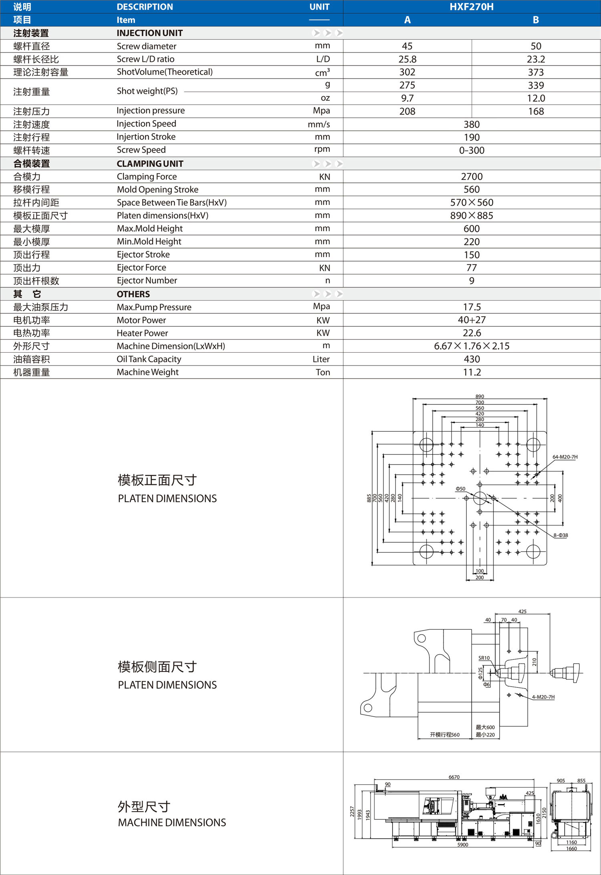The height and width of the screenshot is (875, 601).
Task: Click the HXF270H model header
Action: pos(471,7)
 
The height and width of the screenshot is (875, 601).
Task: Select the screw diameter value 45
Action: pos(407,46)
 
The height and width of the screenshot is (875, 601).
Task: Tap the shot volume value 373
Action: pos(536,72)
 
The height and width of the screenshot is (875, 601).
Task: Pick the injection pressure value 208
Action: pos(407,111)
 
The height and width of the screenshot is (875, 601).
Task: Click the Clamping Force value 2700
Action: pos(472,177)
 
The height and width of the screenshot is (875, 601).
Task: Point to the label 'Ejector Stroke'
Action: pos(143,255)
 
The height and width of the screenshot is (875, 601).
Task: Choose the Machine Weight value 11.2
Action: pos(472,372)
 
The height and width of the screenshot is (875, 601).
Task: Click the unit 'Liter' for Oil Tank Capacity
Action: pos(321,359)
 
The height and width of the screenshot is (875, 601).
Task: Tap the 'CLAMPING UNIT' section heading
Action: pos(150,164)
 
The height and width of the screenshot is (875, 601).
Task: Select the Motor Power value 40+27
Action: pos(472,320)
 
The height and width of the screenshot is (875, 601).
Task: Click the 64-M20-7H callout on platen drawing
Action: pos(565,457)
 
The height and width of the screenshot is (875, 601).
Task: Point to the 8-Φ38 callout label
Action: pos(561,535)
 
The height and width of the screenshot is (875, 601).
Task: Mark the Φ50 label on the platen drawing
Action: pos(460,489)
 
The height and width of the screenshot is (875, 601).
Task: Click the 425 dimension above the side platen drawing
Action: pos(522,612)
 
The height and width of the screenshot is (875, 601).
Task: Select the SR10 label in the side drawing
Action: pos(484,658)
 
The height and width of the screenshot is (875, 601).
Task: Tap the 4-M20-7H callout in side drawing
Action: pos(543,697)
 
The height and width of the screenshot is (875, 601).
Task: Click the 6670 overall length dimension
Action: pos(454,777)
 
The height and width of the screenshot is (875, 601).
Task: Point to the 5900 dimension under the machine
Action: pos(463,845)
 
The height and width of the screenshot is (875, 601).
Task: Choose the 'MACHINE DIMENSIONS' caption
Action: pos(172,822)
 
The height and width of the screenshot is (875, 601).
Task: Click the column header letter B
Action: pos(536,20)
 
